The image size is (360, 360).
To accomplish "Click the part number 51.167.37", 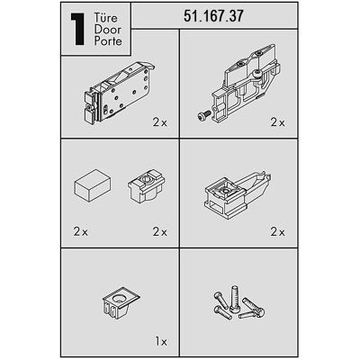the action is tap(213, 16).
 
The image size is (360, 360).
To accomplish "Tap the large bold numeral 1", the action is tap(77, 30).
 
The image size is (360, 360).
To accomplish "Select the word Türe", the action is tap(106, 17).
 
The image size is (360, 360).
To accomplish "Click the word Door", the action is tap(108, 30).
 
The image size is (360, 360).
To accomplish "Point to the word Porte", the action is tap(108, 40).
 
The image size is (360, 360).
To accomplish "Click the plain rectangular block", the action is tap(93, 184).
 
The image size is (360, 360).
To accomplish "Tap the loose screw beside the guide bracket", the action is tap(204, 116).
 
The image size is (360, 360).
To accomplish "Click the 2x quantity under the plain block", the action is tap(81, 232).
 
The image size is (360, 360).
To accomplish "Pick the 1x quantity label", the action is tap(161, 341).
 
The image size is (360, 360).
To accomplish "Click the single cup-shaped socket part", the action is tap(121, 302).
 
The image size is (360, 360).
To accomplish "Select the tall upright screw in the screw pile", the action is tap(234, 298).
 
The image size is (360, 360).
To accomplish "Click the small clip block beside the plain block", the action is tap(146, 186).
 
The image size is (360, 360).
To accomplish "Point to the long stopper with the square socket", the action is tap(237, 195).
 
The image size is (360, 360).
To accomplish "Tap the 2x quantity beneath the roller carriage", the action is tap(160, 122).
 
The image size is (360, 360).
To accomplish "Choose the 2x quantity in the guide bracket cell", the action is tap(278, 122).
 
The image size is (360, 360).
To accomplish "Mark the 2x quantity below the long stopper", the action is tap(278, 232).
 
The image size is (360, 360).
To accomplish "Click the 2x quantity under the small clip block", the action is tap(160, 232).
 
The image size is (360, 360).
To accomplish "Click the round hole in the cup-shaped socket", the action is tap(119, 299).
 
